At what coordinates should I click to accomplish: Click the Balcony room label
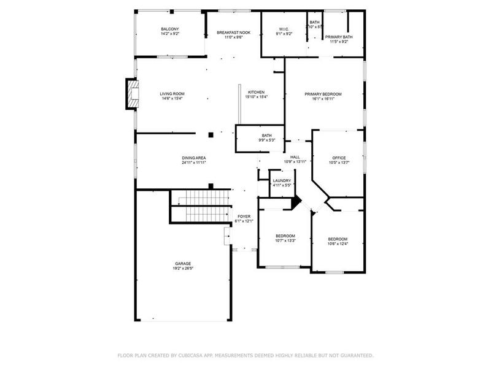pyautogui.click(x=170, y=29)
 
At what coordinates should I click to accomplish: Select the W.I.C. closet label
pyautogui.click(x=284, y=29)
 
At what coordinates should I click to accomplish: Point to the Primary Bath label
pyautogui.click(x=339, y=37)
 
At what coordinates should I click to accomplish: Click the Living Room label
pyautogui.click(x=172, y=94)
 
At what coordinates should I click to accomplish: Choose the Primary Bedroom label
pyautogui.click(x=323, y=94)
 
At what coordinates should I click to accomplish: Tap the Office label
pyautogui.click(x=339, y=158)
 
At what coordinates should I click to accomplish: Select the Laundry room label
pyautogui.click(x=282, y=180)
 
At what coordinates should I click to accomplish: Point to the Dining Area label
pyautogui.click(x=193, y=158)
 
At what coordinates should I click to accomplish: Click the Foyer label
pyautogui.click(x=244, y=217)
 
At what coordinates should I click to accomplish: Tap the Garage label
pyautogui.click(x=182, y=263)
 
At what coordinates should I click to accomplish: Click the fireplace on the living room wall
pyautogui.click(x=131, y=94)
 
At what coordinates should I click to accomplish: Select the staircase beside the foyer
pyautogui.click(x=199, y=207)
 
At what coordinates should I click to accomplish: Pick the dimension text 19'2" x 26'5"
pyautogui.click(x=182, y=268)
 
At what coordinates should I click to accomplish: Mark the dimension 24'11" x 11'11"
pyautogui.click(x=193, y=163)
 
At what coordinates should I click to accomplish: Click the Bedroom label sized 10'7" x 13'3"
pyautogui.click(x=285, y=236)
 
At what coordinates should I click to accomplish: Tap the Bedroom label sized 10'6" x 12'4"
pyautogui.click(x=338, y=239)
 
